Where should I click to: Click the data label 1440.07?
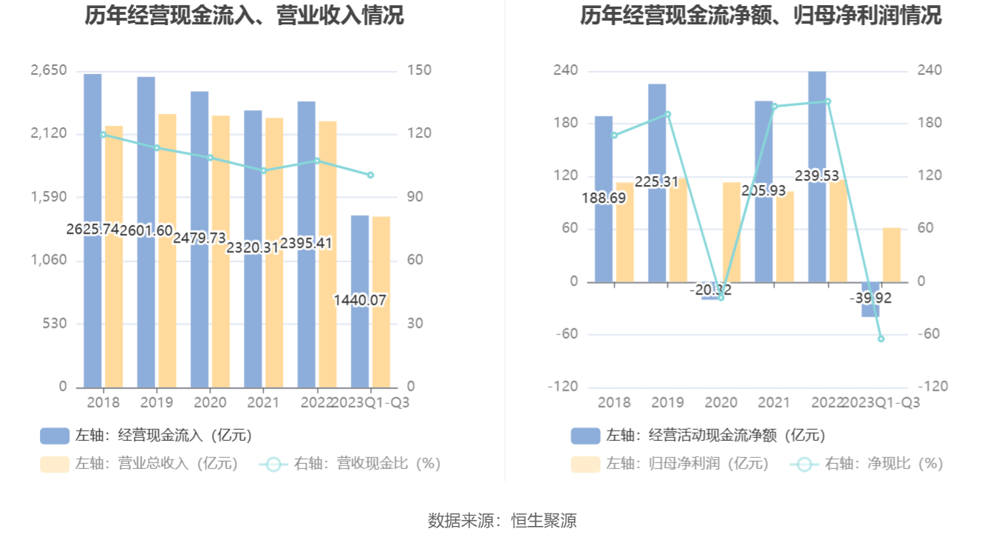click(361, 300)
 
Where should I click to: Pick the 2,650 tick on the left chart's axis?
click(49, 71)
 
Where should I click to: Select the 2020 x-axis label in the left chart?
click(209, 402)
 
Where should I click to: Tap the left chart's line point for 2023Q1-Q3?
click(370, 175)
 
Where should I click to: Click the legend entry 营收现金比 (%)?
click(350, 464)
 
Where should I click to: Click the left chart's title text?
click(245, 15)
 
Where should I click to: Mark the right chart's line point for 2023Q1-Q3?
click(881, 339)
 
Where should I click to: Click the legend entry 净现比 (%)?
click(868, 464)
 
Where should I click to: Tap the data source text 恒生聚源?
click(543, 521)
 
